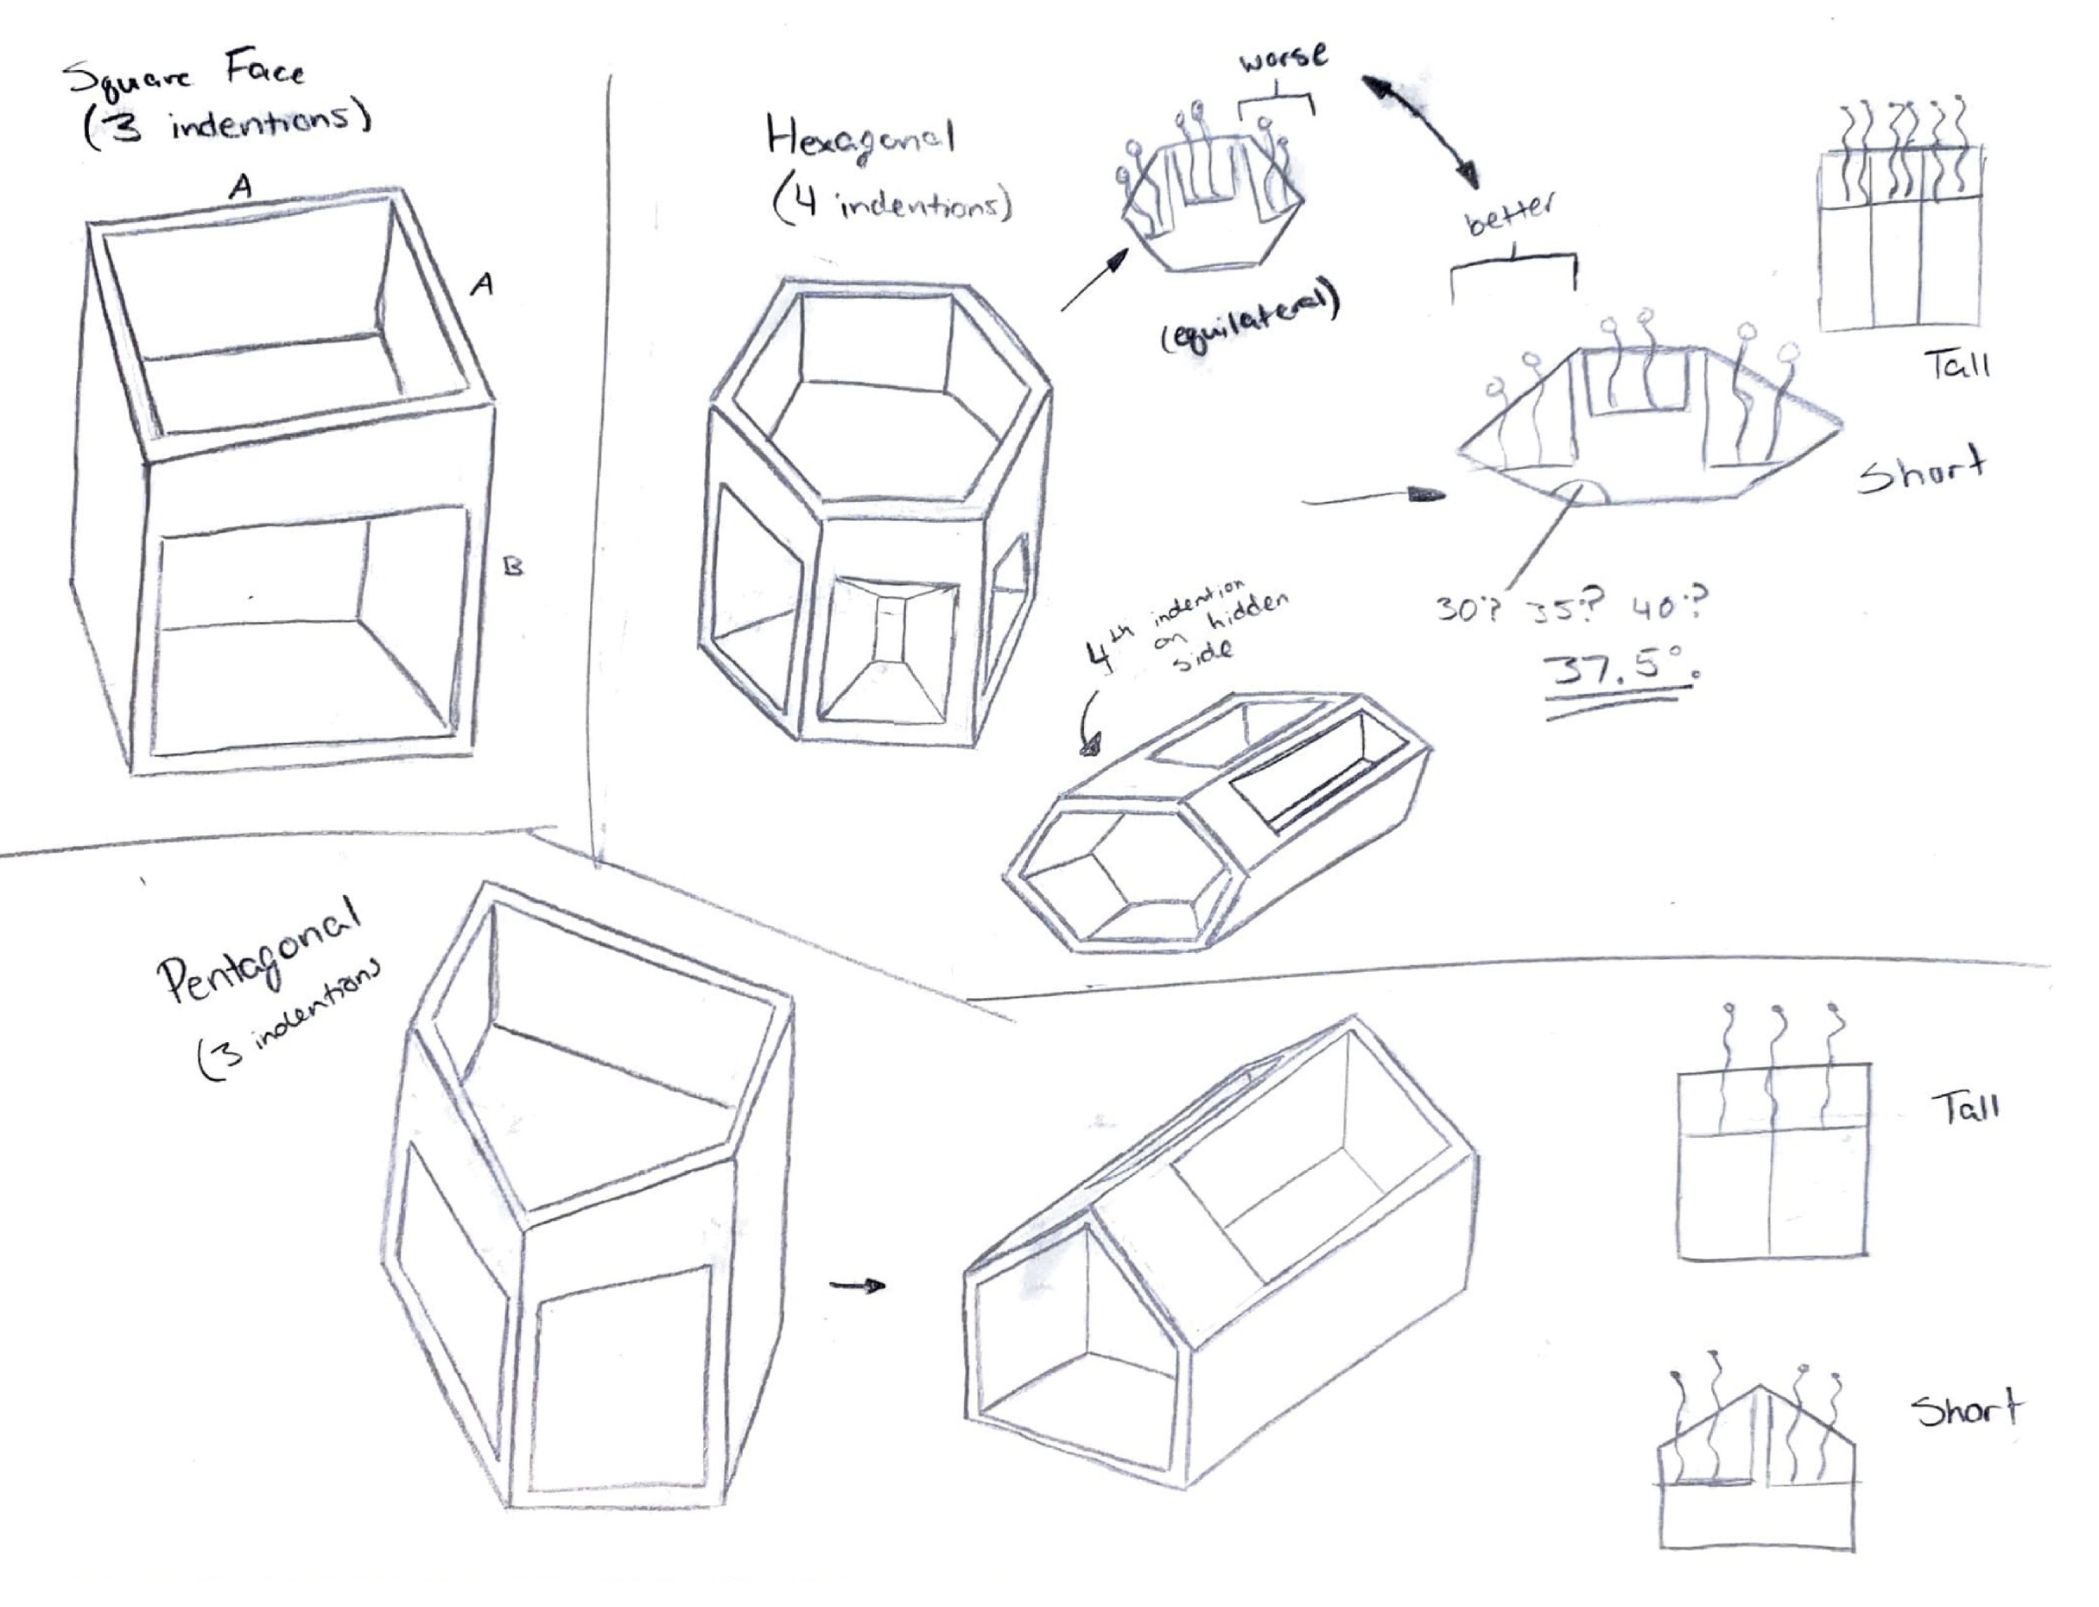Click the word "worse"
tap(1284, 60)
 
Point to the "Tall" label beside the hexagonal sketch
tap(1956, 365)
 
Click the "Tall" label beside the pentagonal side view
tap(1965, 1108)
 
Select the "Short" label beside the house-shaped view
tap(1966, 1410)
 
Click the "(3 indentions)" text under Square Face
tap(226, 126)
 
